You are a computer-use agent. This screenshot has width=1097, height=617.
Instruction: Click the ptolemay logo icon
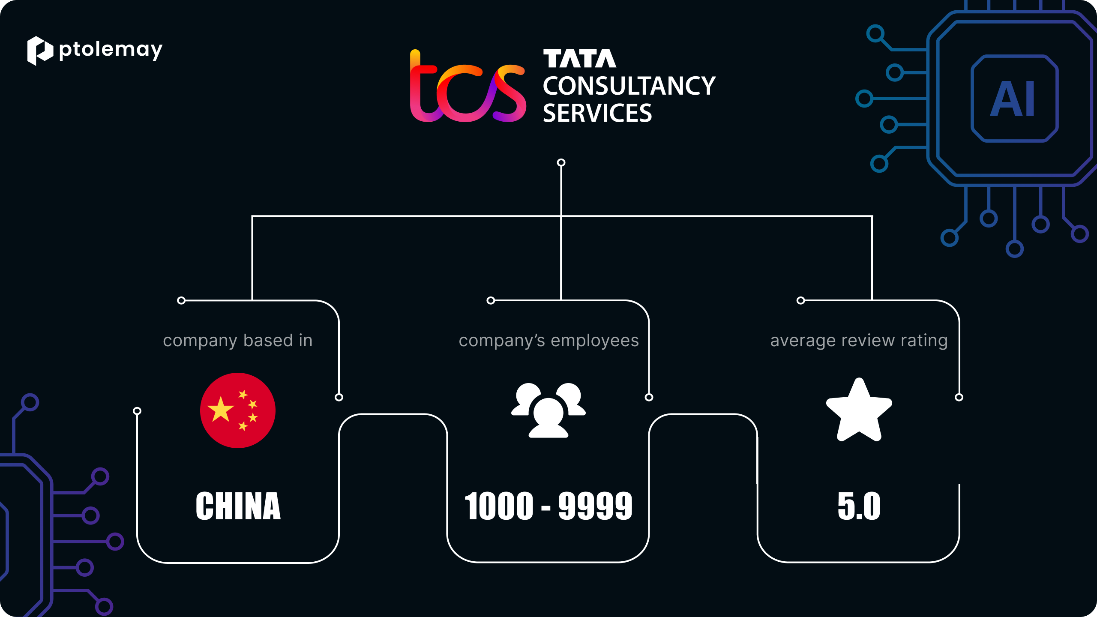pos(40,51)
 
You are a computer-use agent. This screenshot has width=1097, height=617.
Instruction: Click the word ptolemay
pos(111,51)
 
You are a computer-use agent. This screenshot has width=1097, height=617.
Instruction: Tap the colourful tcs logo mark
pos(468,86)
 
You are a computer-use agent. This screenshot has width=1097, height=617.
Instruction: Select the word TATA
pos(580,59)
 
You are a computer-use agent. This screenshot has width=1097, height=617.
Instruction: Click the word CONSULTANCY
pos(629,86)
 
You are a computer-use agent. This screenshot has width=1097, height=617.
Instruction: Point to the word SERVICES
pos(597,113)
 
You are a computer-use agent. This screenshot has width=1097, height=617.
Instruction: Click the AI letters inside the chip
pos(1013,99)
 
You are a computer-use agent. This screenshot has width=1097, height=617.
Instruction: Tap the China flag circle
pos(238,410)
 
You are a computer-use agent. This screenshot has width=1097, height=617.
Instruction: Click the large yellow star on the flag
pos(220,409)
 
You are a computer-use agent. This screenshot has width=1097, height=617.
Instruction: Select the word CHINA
pos(238,506)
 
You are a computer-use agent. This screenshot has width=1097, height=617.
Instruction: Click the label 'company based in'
pos(238,341)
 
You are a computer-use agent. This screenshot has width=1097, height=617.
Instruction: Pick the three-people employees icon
pos(548,410)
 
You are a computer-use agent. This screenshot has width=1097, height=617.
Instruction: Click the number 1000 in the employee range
pos(499,506)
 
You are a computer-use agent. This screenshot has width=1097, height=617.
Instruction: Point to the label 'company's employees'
pos(549,341)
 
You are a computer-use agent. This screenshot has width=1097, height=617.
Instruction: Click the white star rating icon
pos(859,410)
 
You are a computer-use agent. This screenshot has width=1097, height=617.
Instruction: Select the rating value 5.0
pos(859,506)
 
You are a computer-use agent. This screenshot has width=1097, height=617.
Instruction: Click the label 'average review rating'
pos(859,341)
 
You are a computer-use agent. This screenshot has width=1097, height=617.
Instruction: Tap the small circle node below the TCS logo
pos(561,162)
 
